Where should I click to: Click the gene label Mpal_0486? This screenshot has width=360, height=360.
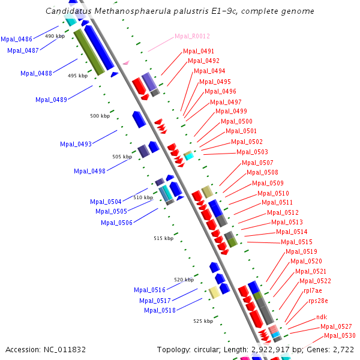click(x=16, y=39)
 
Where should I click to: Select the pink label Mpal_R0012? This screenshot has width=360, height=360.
click(x=192, y=36)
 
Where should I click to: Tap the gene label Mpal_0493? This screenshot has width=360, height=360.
click(x=76, y=144)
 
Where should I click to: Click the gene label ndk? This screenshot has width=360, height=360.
click(x=322, y=316)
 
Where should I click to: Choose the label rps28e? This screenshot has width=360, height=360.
click(x=318, y=301)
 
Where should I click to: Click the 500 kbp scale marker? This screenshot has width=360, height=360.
click(x=100, y=116)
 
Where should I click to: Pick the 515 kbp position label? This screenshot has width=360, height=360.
click(x=163, y=238)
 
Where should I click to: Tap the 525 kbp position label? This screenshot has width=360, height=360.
click(x=203, y=321)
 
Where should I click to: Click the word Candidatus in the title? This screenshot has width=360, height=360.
click(x=67, y=11)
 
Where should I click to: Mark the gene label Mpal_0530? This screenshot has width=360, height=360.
click(x=340, y=335)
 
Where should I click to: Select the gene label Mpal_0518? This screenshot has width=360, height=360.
click(x=160, y=310)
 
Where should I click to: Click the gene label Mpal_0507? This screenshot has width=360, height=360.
click(x=257, y=163)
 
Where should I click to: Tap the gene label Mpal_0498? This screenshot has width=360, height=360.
click(x=89, y=171)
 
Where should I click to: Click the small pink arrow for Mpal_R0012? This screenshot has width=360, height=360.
click(x=126, y=62)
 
